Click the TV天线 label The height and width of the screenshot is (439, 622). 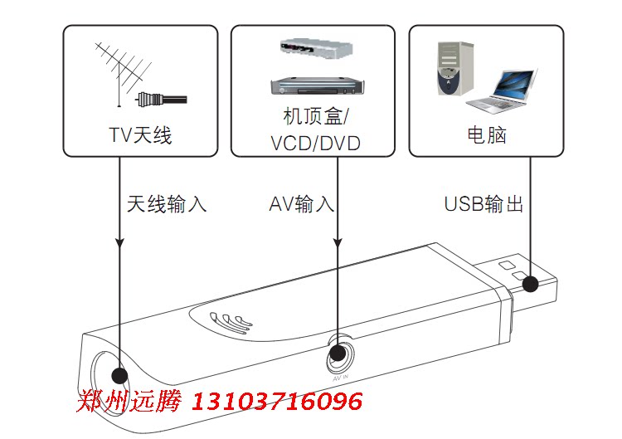pos(140,135)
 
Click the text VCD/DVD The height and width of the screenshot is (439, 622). pos(315,144)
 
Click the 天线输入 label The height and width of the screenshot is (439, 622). pos(167,204)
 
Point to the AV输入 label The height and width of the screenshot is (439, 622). pos(302,204)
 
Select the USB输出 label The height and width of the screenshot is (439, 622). pos(484,204)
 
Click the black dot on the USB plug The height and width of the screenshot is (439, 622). pos(530,285)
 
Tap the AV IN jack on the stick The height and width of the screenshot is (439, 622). pos(338,355)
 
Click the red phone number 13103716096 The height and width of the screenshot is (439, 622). pos(278,402)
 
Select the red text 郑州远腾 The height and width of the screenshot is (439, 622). pos(129,402)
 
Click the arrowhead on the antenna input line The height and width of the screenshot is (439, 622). pos(120,244)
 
